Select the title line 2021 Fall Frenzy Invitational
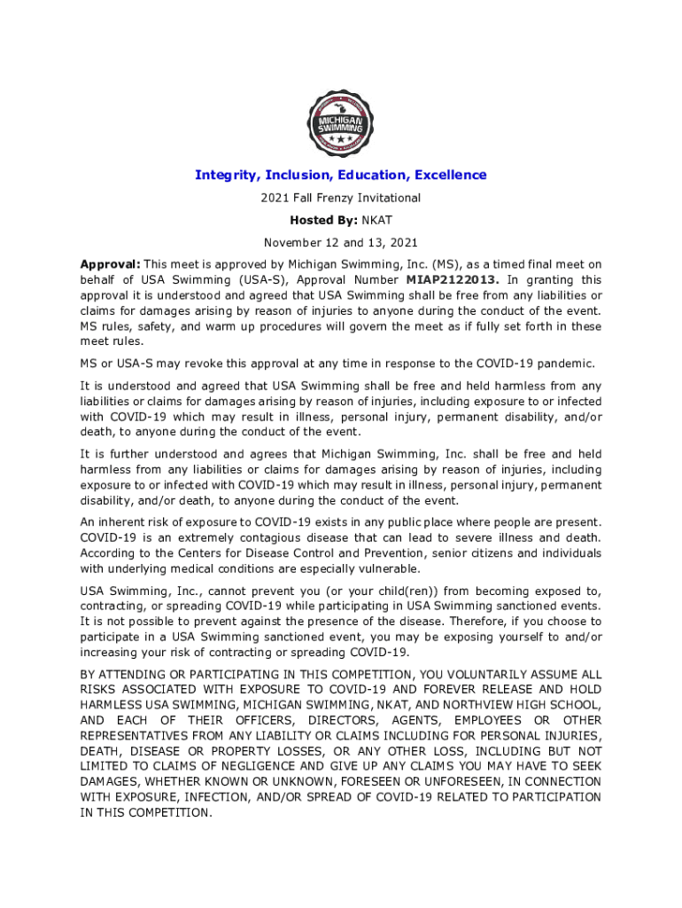click(340, 198)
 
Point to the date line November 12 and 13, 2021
click(340, 242)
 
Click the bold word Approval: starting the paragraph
click(110, 264)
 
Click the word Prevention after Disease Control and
click(390, 553)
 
